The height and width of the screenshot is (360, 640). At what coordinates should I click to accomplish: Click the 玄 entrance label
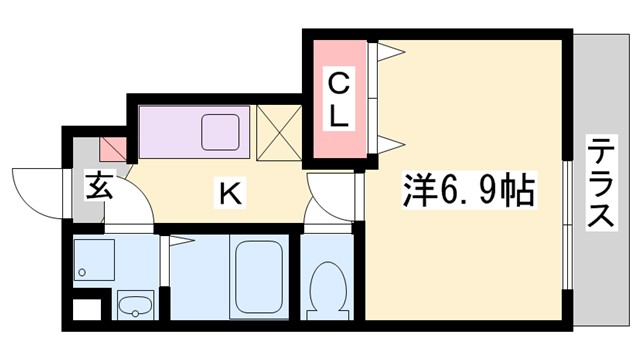(98, 187)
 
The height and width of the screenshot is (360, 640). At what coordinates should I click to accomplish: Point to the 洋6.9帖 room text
(468, 187)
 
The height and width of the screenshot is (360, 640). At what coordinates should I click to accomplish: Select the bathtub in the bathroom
(258, 277)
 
